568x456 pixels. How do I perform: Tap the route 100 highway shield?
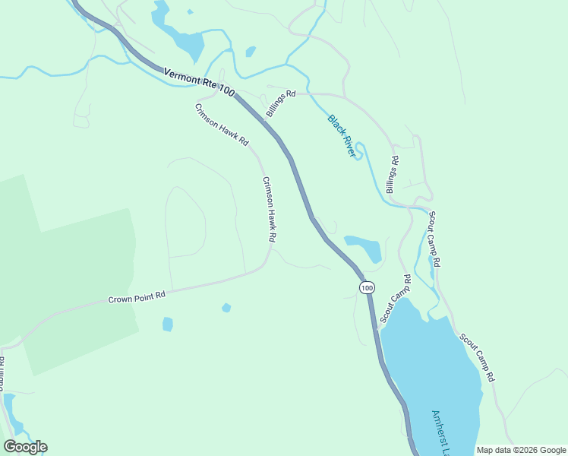[367, 287]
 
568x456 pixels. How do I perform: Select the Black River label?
[342, 135]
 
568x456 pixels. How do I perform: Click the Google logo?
[25, 447]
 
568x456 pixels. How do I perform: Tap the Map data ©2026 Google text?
[521, 450]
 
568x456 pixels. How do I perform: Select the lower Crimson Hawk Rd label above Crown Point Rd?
[269, 210]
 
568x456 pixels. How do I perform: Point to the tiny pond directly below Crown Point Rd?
[226, 308]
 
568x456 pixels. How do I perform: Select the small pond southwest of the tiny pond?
[168, 325]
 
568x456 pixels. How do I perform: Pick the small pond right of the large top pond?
[251, 52]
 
